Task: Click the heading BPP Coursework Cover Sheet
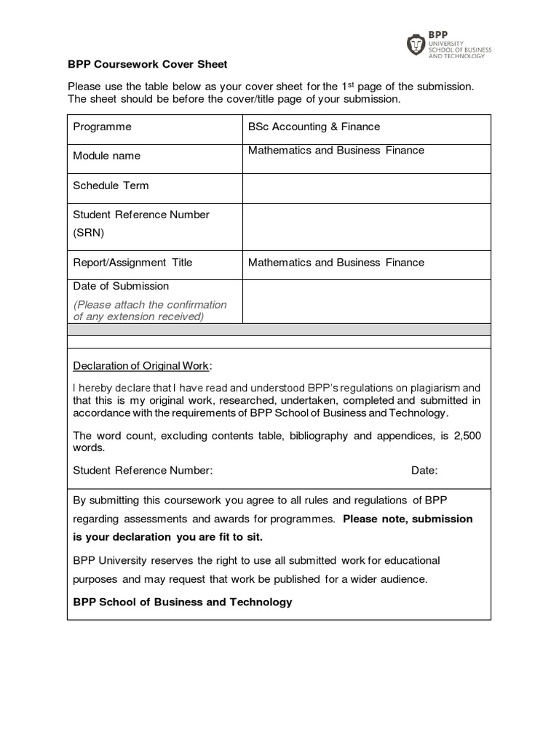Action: point(148,64)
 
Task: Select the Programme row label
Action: point(102,127)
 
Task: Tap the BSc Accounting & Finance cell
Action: point(314,127)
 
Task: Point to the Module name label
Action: point(106,156)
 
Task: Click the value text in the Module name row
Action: point(336,151)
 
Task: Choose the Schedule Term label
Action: point(111,186)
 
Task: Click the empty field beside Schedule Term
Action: point(366,188)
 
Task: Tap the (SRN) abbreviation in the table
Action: point(89,233)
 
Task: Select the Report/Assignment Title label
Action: point(132,263)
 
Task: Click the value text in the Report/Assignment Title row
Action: point(336,263)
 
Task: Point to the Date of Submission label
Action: point(121,286)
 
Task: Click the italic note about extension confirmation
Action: point(149,311)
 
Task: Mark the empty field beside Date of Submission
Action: point(366,301)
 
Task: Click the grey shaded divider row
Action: point(279,330)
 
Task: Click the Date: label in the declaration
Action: point(424,471)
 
